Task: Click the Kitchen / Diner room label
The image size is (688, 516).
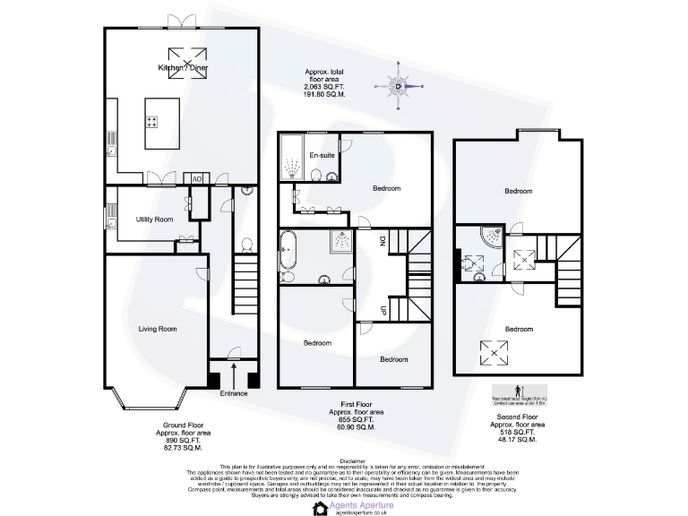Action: coord(184,68)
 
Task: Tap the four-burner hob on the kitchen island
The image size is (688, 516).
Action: coord(153,123)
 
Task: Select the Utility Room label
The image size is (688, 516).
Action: coord(154,219)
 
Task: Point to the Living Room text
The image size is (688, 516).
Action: coord(158,329)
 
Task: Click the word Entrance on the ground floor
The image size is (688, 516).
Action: coord(234,393)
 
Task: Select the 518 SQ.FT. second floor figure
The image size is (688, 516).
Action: coord(518,432)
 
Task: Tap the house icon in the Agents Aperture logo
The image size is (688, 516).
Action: coord(321,509)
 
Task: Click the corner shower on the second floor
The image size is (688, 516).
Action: coord(492,236)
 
